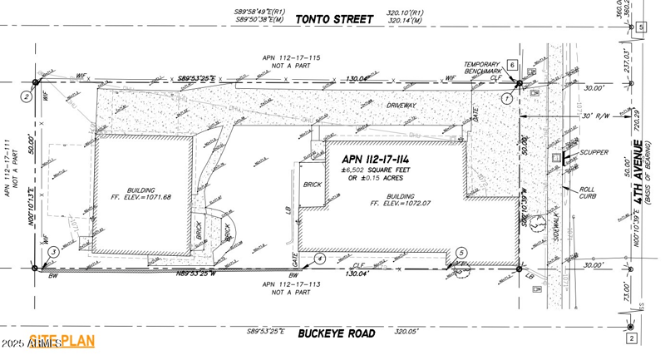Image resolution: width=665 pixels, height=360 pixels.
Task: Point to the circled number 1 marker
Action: (506, 98)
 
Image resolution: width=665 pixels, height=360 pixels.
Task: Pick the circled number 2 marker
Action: (27, 96)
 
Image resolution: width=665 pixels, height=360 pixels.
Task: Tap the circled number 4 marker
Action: (319, 259)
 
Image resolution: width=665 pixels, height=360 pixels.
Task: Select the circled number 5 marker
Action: (461, 252)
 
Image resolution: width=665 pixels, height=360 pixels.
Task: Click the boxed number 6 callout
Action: (513, 65)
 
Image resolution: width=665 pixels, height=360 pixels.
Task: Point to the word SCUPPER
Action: (595, 153)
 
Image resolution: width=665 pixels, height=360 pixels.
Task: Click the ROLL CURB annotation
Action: (590, 193)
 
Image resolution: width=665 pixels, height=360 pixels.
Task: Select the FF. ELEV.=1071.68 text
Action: (143, 197)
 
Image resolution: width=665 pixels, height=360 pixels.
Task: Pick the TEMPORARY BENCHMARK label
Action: (481, 68)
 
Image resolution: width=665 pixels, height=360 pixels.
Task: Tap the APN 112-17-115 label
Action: (291, 57)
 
